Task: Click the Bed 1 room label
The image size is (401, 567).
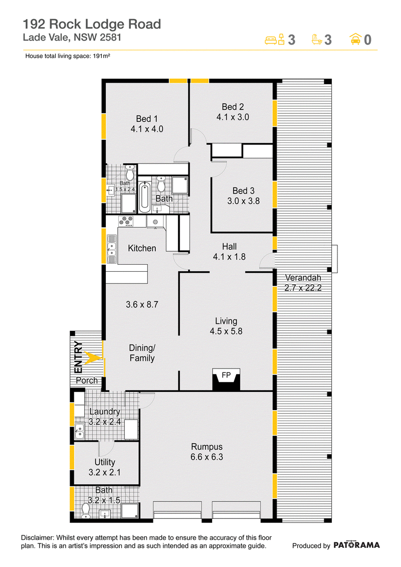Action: point(147,119)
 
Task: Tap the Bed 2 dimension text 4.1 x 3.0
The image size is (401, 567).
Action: point(233,117)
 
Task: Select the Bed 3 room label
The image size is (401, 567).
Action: point(243,191)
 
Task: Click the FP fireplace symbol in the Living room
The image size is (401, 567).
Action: point(227,380)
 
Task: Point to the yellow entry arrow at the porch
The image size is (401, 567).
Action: point(93,358)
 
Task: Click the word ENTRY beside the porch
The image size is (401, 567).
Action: point(78,357)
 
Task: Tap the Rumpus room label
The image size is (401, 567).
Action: point(207,447)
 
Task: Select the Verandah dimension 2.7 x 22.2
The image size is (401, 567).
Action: point(303,288)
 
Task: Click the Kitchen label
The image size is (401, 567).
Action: point(142,248)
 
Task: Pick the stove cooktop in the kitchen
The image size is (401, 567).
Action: point(126,221)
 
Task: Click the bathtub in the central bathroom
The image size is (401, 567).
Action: point(144,198)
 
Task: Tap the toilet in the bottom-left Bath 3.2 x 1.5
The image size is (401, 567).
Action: point(86,510)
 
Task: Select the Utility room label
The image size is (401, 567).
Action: point(105,462)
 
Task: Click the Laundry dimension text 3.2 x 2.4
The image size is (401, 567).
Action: point(105,422)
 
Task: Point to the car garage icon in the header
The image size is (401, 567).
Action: point(355,39)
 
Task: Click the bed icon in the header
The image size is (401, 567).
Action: point(275,40)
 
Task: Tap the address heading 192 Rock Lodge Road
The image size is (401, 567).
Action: point(92,24)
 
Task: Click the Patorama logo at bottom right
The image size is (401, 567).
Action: point(356,545)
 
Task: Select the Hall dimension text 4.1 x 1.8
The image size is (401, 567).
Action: point(229,257)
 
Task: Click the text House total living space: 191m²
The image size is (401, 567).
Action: point(68,56)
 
